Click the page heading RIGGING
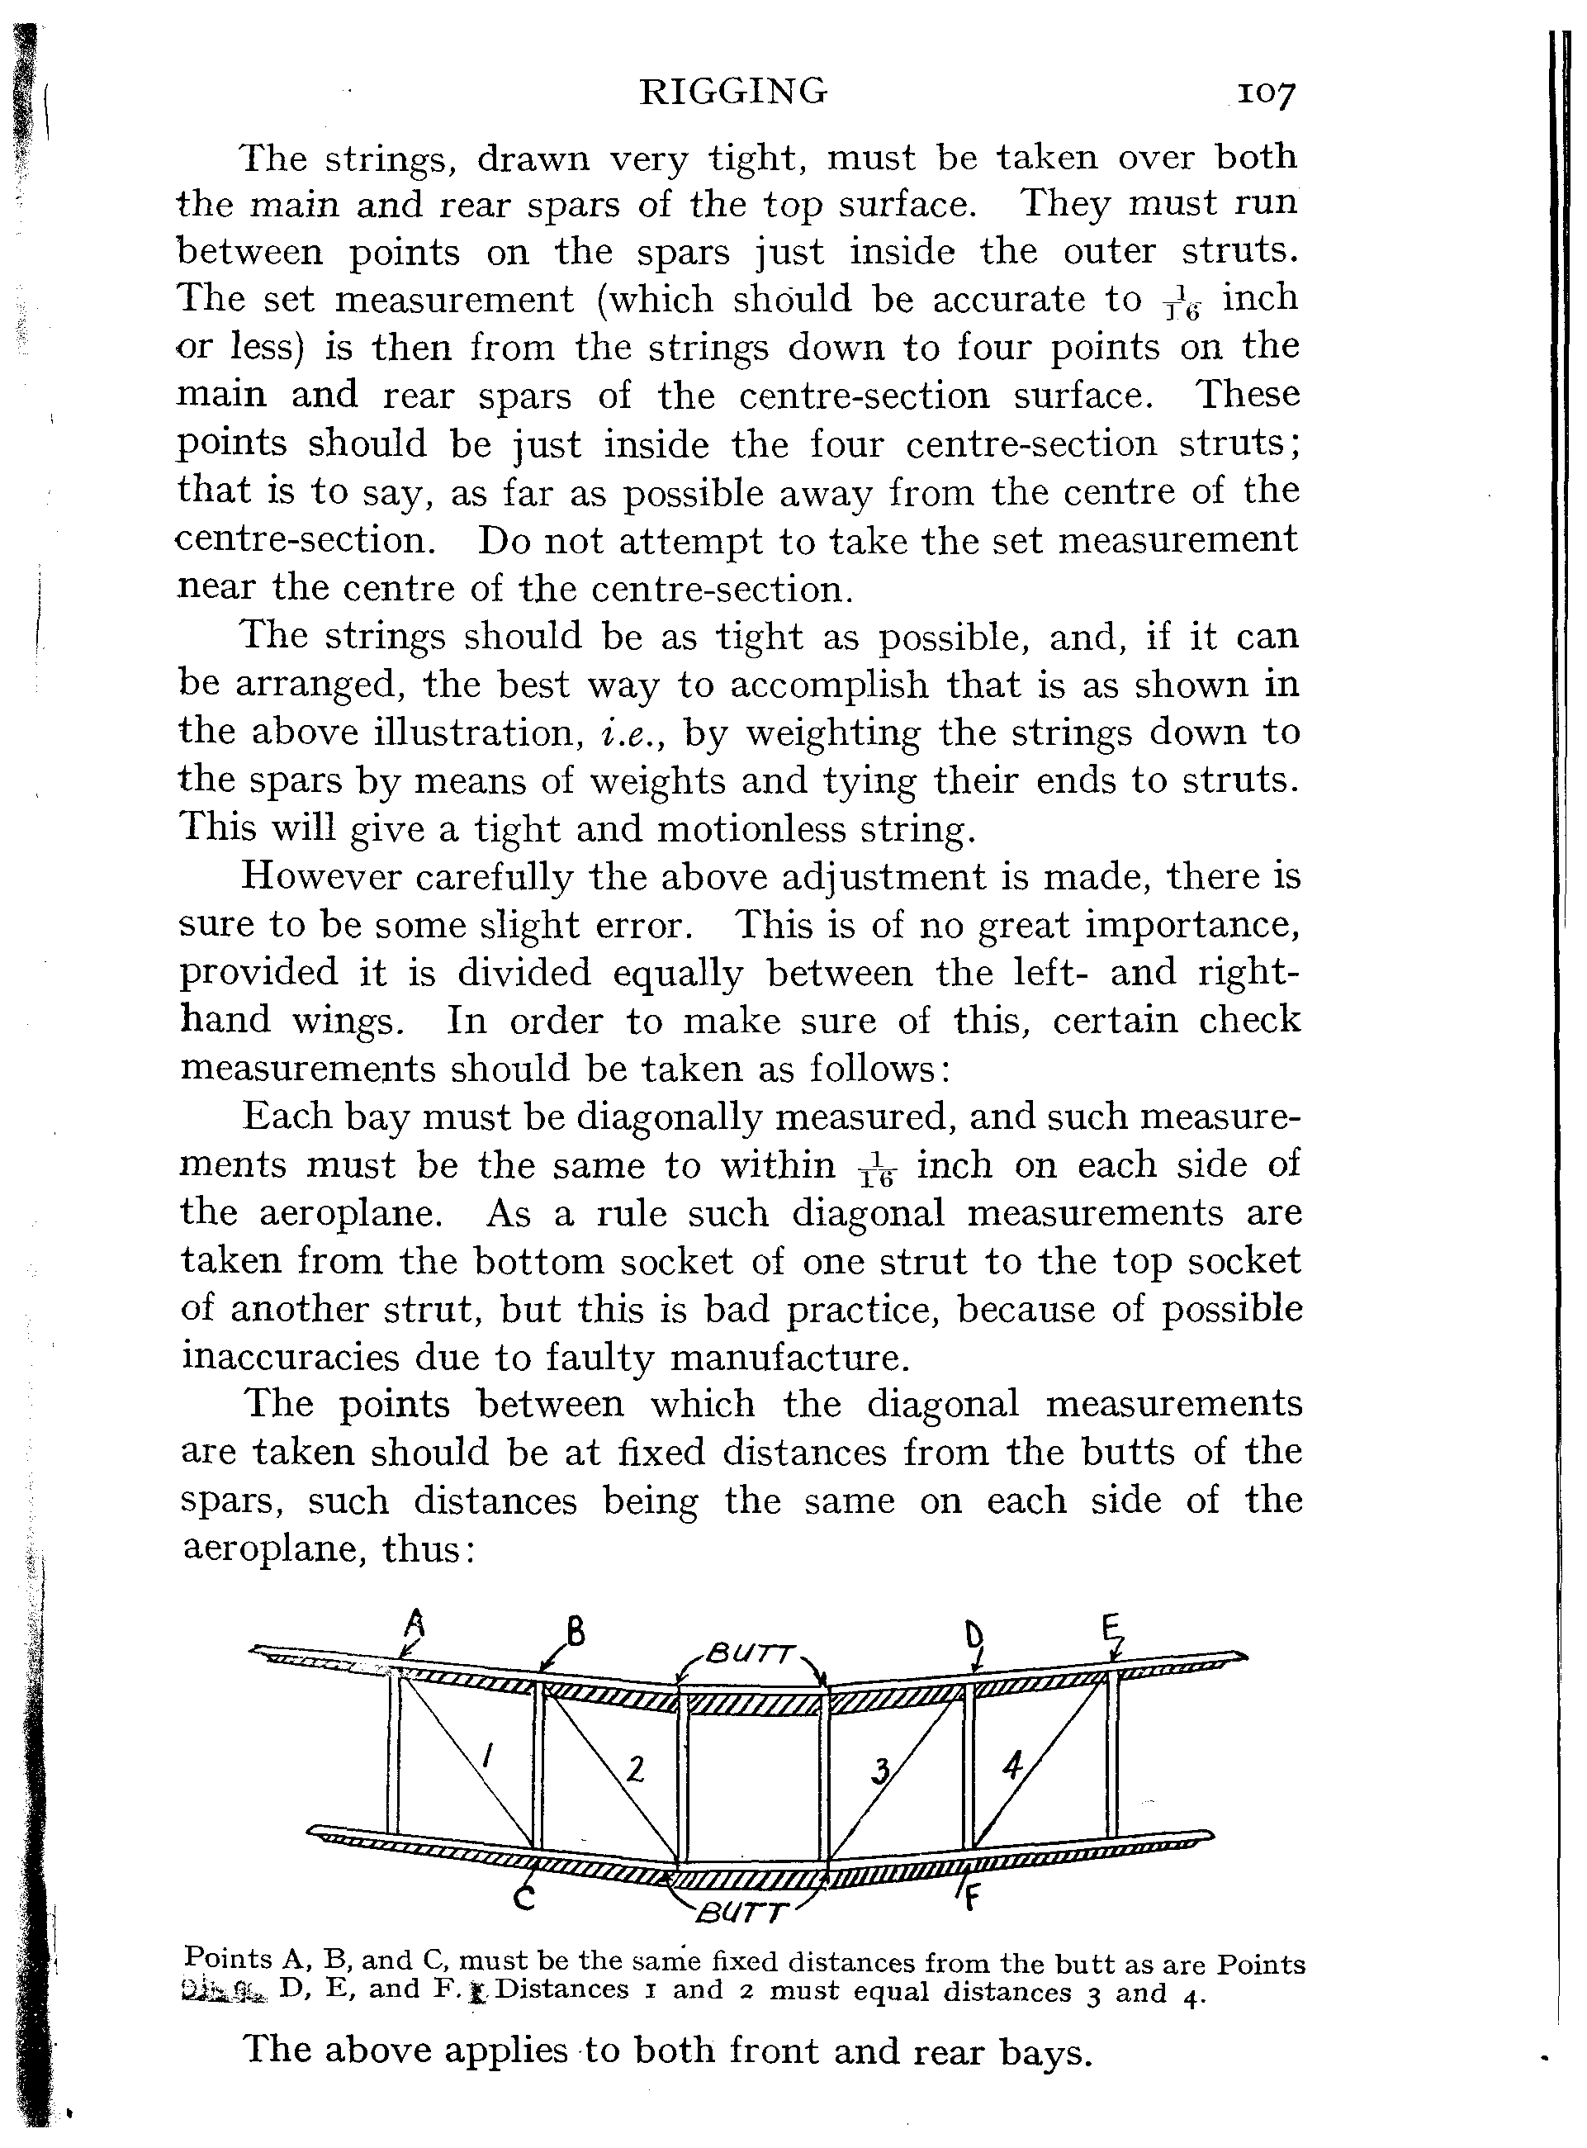pyautogui.click(x=733, y=92)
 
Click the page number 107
pyautogui.click(x=1266, y=94)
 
